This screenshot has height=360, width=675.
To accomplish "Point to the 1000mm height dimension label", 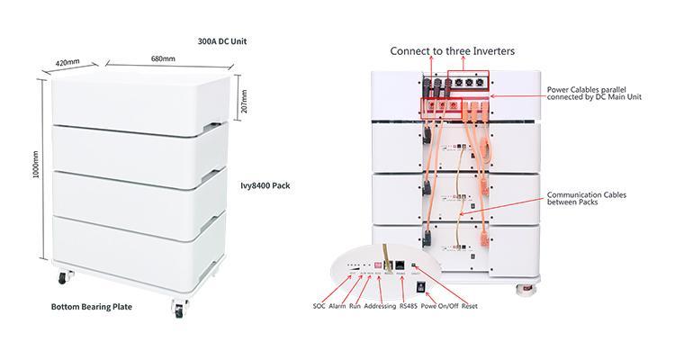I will coord(11,176).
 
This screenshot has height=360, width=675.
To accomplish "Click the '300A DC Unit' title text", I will coord(223,41).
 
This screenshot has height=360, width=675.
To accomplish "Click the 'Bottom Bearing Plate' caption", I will coord(91,307).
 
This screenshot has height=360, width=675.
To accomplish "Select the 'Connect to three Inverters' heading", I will coord(441,51).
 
